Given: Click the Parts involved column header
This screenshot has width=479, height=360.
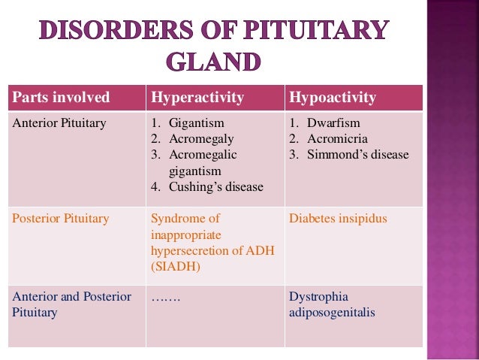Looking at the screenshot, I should [x=61, y=98].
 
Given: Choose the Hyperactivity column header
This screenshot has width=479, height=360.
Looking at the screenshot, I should [x=197, y=98].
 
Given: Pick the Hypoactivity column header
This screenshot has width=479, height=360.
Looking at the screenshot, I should [x=333, y=98].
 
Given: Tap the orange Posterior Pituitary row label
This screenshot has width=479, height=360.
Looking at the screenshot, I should [x=60, y=219].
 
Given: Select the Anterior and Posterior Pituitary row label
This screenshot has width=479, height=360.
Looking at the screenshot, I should [x=71, y=304].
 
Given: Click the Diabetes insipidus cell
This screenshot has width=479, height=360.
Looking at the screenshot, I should [x=338, y=219].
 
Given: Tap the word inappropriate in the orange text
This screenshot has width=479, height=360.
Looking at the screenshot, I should [x=185, y=234].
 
